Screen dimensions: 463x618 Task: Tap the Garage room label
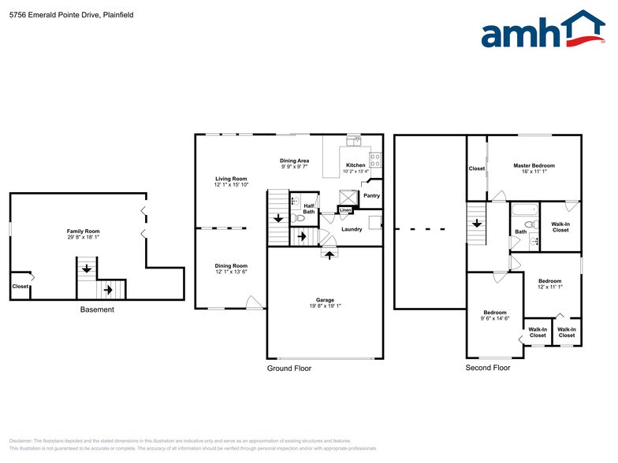click(325, 300)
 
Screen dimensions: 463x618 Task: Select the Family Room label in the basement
click(82, 231)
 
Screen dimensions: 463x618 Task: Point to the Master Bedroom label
click(534, 165)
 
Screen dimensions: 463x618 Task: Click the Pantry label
click(371, 196)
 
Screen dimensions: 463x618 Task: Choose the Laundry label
click(352, 229)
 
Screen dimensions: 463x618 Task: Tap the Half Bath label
click(309, 208)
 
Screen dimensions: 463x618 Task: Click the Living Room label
click(231, 179)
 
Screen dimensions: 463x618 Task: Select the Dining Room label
click(231, 266)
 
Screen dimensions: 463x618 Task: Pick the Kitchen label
click(355, 165)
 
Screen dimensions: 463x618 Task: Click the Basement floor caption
click(97, 309)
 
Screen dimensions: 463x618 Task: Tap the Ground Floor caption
click(289, 368)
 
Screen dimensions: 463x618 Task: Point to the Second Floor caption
click(487, 368)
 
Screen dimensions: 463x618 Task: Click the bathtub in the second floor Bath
click(523, 210)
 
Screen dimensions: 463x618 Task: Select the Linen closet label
click(344, 211)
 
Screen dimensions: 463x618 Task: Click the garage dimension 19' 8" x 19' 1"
click(325, 307)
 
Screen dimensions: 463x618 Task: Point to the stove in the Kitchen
click(375, 159)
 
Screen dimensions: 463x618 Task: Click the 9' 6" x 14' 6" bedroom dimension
click(494, 319)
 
